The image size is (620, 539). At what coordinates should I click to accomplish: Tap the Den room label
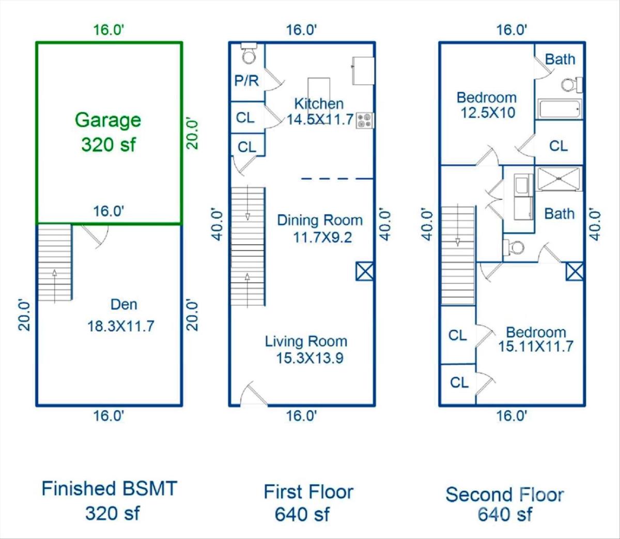[123, 304]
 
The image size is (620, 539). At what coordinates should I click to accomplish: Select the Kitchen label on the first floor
[319, 104]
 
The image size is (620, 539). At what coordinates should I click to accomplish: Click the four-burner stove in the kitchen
[365, 120]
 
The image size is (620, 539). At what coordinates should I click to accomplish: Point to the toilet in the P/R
[249, 53]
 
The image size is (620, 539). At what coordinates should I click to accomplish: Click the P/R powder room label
[246, 81]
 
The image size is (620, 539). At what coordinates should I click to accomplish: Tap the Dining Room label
[320, 220]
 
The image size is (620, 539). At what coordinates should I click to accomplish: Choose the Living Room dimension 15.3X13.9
[309, 358]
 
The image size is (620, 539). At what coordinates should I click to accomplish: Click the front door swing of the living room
[254, 394]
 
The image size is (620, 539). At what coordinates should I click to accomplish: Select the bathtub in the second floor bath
[560, 109]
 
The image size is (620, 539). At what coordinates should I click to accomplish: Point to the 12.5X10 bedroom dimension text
[488, 113]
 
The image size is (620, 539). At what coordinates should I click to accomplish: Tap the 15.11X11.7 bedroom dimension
[536, 346]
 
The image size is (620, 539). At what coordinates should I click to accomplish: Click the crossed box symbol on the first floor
[365, 271]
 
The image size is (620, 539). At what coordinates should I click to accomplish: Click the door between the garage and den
[95, 236]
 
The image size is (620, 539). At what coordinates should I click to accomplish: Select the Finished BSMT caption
[109, 488]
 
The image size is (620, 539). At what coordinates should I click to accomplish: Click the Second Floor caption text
[505, 495]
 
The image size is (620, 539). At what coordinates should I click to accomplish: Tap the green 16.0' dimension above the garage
[109, 30]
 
